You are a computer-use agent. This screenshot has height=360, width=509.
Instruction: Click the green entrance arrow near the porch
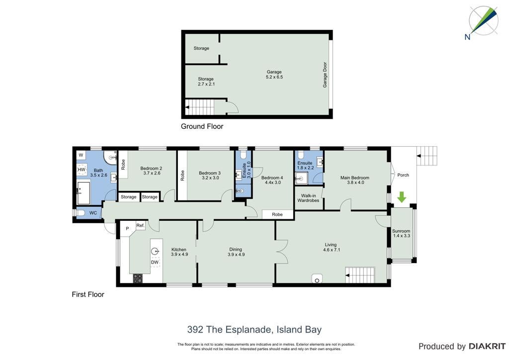[402, 197]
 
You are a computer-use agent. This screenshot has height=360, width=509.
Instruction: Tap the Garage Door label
[325, 75]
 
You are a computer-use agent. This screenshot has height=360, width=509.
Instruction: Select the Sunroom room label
[401, 231]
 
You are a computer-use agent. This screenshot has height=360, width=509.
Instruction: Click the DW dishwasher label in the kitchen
[155, 262]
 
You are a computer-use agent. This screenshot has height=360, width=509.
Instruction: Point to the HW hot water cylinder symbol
[82, 170]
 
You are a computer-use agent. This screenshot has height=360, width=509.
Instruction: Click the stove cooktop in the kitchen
[138, 278]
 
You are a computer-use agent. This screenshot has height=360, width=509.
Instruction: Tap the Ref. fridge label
[140, 225]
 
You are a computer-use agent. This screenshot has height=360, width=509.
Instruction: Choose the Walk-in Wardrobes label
[308, 198]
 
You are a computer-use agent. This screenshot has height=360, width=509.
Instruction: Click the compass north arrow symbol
[483, 21]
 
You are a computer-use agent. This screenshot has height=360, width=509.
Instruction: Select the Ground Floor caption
[202, 126]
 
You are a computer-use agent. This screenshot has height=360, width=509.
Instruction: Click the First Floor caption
[88, 294]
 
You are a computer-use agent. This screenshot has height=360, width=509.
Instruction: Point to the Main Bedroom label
[355, 178]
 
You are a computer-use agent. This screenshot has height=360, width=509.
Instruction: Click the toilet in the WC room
[80, 213]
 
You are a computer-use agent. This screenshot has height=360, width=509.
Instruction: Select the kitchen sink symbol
[156, 251]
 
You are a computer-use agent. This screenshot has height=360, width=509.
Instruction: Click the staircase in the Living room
[360, 275]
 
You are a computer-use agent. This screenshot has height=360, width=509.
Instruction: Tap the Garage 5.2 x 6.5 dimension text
[274, 77]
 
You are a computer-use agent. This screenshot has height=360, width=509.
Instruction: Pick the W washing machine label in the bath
[81, 155]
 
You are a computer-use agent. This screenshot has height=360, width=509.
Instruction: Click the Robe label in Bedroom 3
[182, 176]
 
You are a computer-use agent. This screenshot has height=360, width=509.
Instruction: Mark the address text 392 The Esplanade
[229, 330]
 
